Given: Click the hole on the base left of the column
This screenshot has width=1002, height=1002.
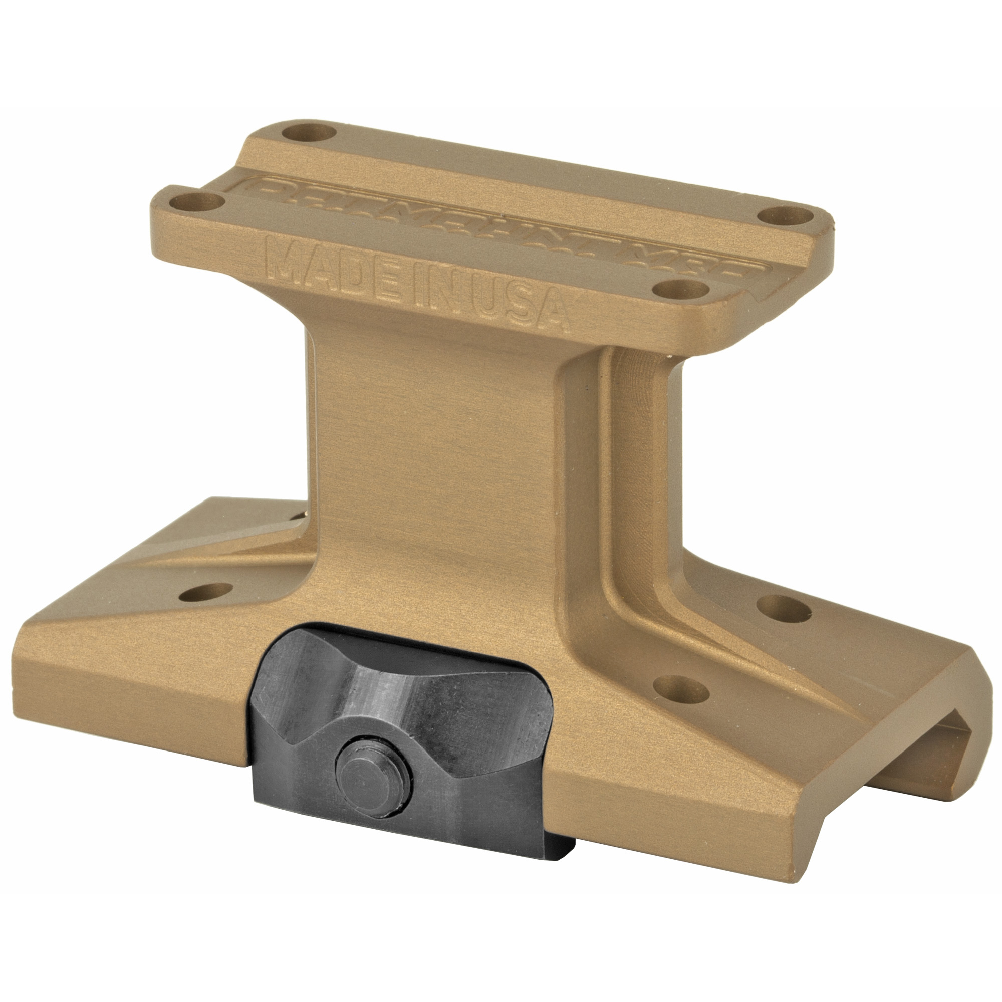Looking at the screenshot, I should coord(205,592).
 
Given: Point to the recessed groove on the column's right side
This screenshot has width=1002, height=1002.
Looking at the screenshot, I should coord(630,467).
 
